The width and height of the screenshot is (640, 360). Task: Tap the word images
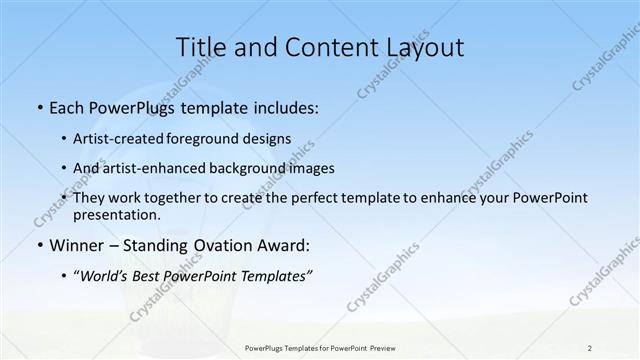tap(311, 168)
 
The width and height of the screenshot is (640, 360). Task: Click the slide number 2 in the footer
tap(590, 347)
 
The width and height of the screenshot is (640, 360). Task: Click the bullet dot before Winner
tap(39, 243)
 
